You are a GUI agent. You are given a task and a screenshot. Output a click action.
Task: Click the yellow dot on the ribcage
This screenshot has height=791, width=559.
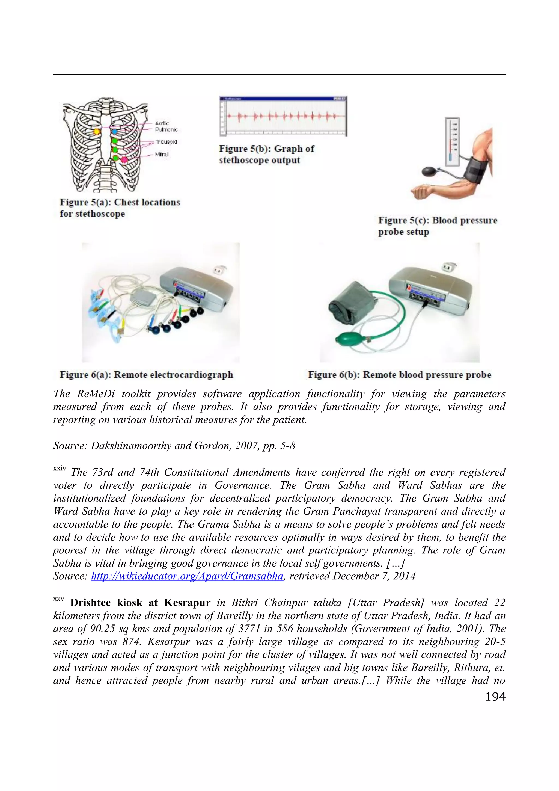point(97,132)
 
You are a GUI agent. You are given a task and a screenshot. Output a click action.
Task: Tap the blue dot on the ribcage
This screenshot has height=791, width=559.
point(115,132)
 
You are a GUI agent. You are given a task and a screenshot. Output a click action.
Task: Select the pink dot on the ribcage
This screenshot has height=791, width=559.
point(124,159)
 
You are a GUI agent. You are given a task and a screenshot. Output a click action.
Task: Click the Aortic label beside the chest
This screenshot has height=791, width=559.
point(162,123)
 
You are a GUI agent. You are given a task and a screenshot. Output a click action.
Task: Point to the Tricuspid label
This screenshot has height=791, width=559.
point(166,142)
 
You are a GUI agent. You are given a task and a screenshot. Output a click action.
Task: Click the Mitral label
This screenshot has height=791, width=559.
point(162,154)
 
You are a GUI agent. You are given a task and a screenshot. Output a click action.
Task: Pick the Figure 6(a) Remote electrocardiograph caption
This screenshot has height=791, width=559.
point(146,375)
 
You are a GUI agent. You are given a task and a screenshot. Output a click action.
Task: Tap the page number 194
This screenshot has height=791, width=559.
point(495,697)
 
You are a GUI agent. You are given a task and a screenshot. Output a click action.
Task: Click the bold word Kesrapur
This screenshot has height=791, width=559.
point(187,603)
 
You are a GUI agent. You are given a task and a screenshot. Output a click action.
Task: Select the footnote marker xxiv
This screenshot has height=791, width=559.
point(59,469)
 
